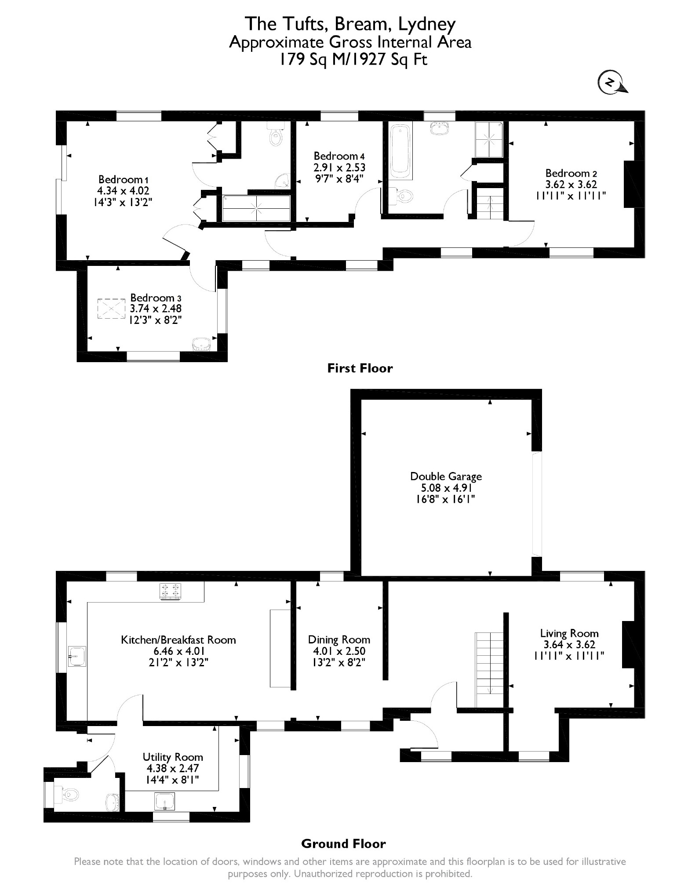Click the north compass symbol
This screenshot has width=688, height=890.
click(612, 83)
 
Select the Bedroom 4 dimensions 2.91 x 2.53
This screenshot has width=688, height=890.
click(339, 167)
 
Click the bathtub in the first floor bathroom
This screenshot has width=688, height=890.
click(400, 152)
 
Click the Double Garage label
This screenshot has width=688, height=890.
click(446, 476)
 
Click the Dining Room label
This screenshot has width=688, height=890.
click(339, 640)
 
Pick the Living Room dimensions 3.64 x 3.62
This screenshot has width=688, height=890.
click(569, 645)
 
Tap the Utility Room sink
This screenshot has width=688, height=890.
click(165, 801)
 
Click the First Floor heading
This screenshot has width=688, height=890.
click(360, 368)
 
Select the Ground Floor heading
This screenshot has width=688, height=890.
click(343, 844)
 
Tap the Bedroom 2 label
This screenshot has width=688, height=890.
click(571, 173)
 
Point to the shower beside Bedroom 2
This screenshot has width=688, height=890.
click(489, 139)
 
